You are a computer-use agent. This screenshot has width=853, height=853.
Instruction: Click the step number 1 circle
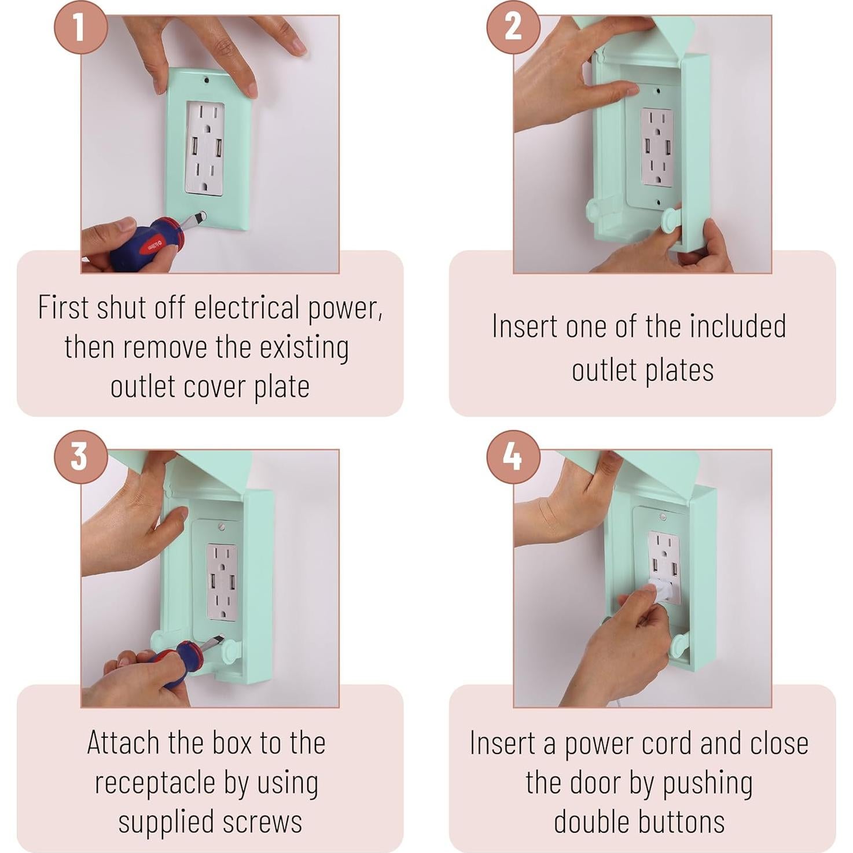(81, 27)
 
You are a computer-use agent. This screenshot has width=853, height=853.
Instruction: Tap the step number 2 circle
(513, 27)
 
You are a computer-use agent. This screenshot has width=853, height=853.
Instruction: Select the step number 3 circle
(81, 457)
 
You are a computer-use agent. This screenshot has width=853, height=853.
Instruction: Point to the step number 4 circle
(513, 457)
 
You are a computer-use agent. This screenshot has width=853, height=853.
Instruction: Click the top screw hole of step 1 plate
(206, 80)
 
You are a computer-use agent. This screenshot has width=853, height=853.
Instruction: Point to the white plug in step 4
(658, 590)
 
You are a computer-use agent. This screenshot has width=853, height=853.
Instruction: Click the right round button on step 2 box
(672, 221)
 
